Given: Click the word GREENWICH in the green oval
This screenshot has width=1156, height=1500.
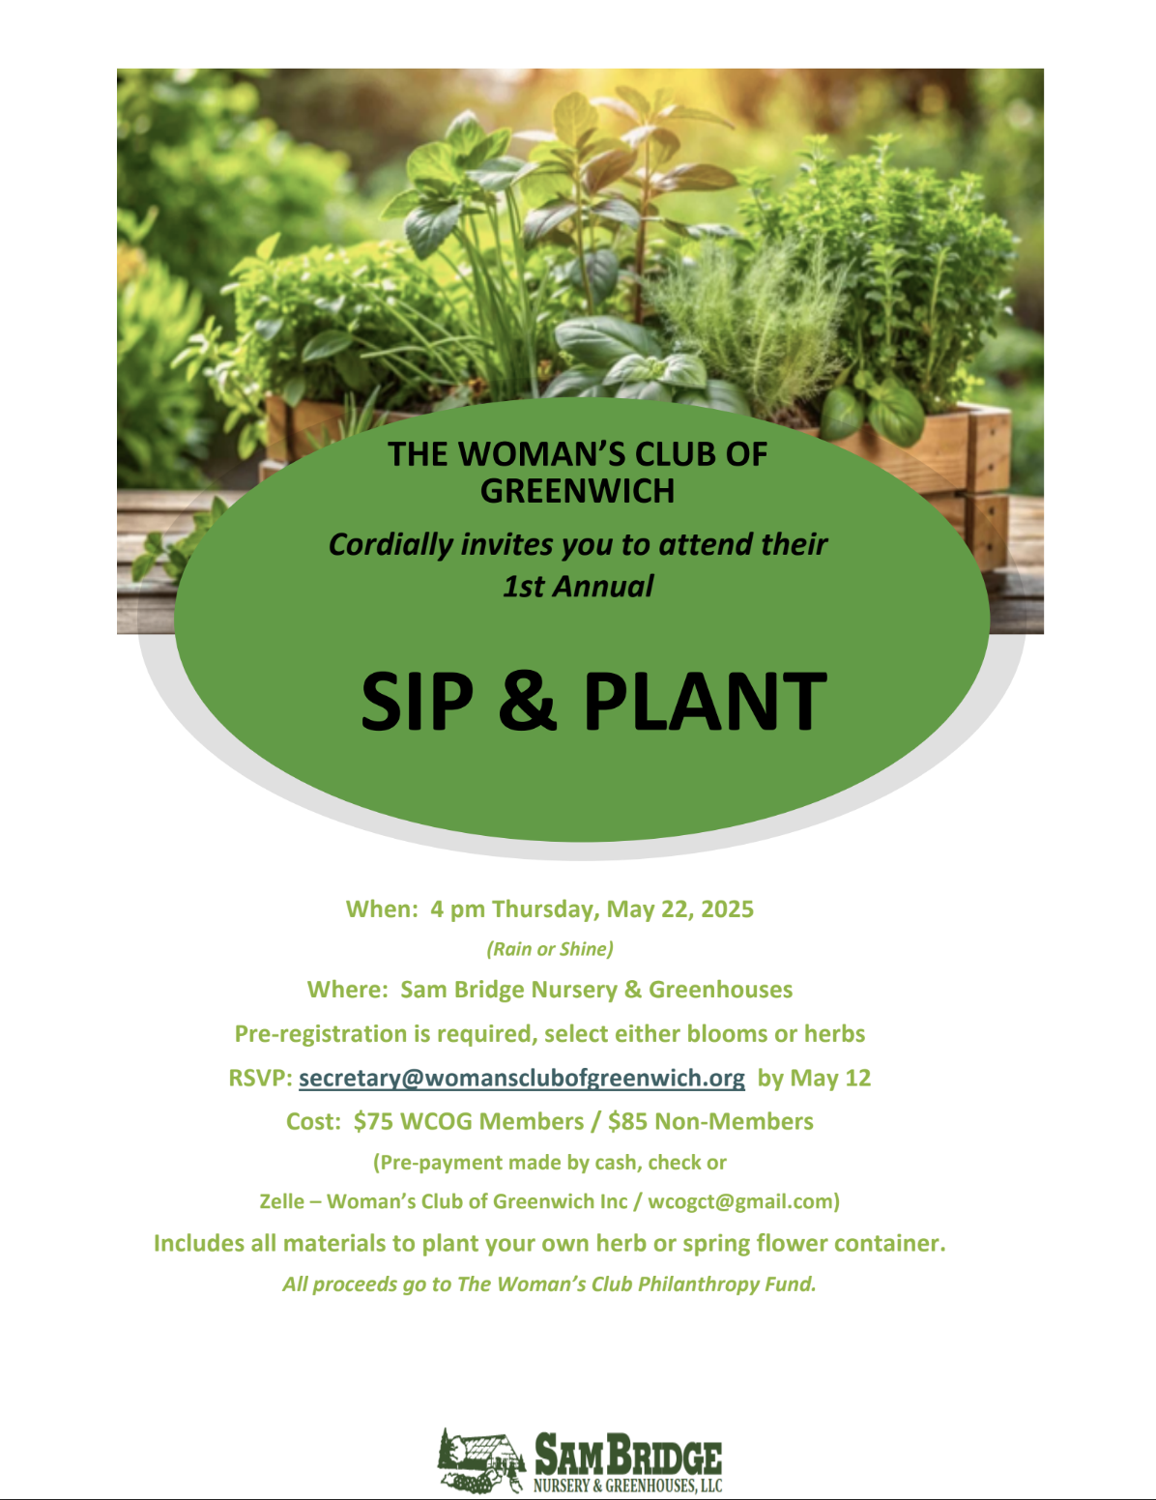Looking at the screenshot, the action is (577, 491).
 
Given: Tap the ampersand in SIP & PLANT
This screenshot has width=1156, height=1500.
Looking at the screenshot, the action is (528, 701).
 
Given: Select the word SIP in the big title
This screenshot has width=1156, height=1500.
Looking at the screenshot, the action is (418, 701).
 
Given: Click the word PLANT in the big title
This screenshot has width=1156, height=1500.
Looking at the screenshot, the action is (706, 701).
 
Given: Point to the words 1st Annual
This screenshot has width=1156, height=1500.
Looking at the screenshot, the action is (578, 586).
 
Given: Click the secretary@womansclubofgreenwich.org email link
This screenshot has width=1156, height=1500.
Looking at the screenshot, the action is (522, 1078).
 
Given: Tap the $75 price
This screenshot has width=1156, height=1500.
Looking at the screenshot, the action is (373, 1121).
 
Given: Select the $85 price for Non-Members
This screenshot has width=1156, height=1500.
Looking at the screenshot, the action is (627, 1121).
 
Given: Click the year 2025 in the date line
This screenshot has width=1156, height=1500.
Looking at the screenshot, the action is (728, 909).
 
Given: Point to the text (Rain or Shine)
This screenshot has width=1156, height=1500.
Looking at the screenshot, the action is (550, 949).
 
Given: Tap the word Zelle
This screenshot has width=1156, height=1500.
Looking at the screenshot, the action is (281, 1201).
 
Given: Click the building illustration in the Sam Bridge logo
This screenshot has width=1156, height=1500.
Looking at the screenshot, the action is (481, 1459).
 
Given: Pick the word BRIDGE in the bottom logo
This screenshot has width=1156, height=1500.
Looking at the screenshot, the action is (665, 1456).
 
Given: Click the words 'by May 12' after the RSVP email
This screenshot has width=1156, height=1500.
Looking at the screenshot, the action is (815, 1079).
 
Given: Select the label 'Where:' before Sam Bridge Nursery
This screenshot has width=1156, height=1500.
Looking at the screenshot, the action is (348, 990).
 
